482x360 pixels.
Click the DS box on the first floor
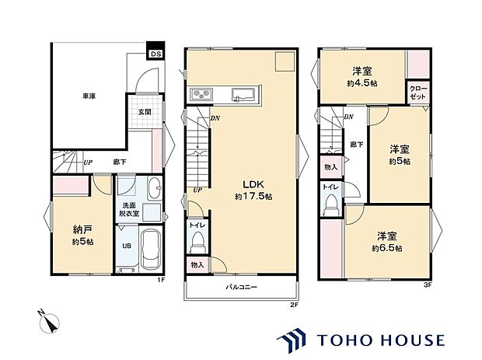click(x=156, y=54)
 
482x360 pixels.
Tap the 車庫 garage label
click(x=89, y=96)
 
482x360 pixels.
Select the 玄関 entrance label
click(x=145, y=112)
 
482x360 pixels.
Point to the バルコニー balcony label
click(x=242, y=288)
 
